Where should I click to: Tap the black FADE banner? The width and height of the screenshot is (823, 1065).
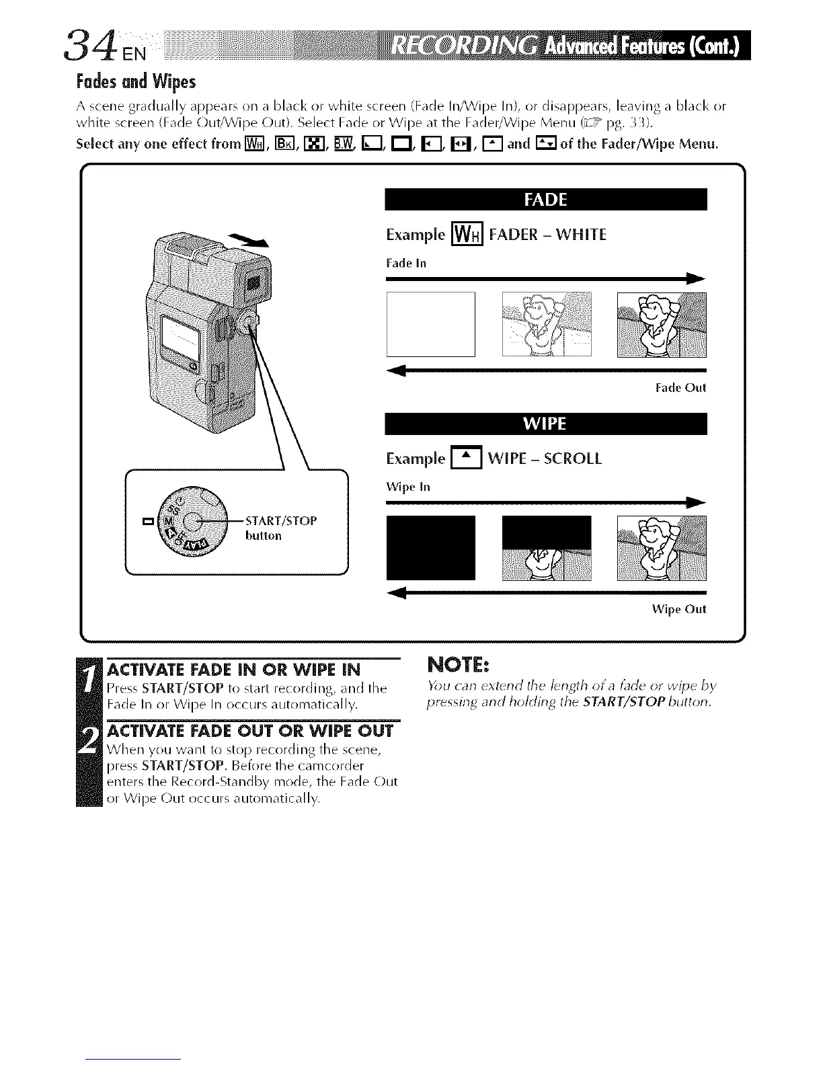545,200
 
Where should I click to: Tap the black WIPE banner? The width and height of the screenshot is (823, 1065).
545,424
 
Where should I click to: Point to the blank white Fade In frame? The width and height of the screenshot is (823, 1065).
430,324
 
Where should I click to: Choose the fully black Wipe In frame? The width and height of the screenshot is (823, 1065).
430,547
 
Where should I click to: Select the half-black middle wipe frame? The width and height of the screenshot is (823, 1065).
547,547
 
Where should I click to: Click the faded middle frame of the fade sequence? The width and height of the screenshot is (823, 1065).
547,324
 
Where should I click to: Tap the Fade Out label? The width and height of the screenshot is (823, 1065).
680,388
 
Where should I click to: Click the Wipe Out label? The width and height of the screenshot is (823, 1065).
679,610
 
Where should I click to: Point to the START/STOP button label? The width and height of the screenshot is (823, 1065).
280,528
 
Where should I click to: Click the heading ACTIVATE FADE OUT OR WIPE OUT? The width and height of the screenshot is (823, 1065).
250,731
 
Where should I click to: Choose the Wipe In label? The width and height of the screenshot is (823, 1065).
408,487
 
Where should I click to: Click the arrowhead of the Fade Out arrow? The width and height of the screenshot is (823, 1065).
397,370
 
